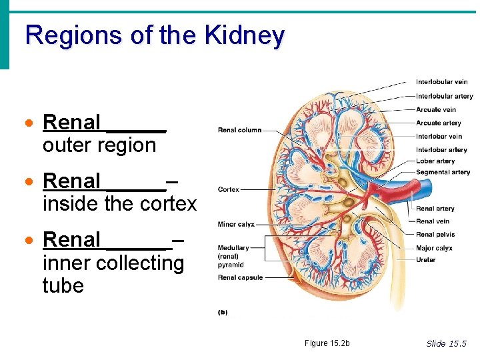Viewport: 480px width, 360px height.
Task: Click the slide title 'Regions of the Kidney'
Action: (x=155, y=35)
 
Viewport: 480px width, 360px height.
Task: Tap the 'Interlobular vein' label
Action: (x=441, y=82)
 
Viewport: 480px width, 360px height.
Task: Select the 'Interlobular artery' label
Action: (x=444, y=96)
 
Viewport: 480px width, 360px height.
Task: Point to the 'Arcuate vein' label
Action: (x=436, y=109)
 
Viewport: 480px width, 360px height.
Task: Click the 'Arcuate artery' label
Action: (x=438, y=123)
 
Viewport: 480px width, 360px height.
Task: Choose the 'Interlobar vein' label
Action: (x=439, y=137)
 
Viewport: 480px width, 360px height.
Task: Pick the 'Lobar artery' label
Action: (x=435, y=161)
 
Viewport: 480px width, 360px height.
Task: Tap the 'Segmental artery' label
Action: (x=443, y=172)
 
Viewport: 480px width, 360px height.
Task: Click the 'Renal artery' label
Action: (x=435, y=209)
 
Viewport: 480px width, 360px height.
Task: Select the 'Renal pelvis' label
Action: (x=435, y=234)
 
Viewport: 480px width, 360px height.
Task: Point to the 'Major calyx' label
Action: (x=434, y=248)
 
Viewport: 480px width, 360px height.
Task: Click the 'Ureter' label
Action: (x=425, y=260)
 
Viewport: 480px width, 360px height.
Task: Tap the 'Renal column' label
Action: (x=239, y=130)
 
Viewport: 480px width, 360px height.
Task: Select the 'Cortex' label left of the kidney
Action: (x=229, y=190)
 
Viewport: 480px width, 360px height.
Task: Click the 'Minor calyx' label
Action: (x=236, y=225)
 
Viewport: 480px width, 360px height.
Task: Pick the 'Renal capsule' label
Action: (x=240, y=277)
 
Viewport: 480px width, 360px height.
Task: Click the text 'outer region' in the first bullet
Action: (x=99, y=145)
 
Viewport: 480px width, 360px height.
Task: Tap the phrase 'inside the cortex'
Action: (x=119, y=203)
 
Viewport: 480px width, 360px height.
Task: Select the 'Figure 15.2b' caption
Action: (x=327, y=343)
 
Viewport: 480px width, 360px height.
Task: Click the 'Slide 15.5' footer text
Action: (x=447, y=343)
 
